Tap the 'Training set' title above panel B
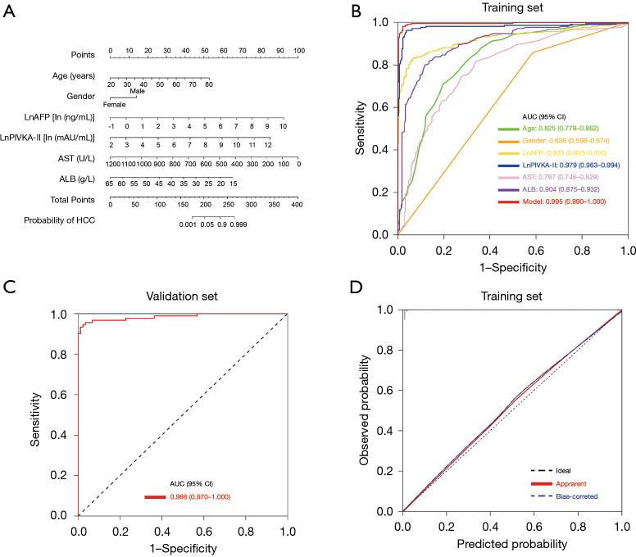pos(512,8)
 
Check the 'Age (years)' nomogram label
pos(72,76)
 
